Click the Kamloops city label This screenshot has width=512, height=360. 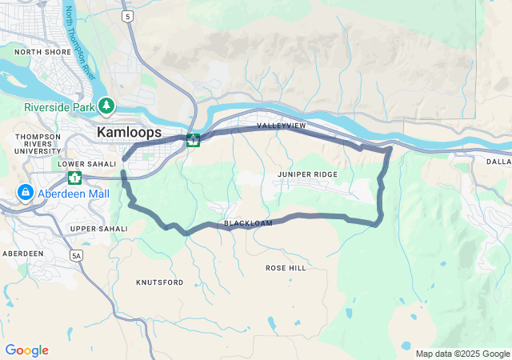click(129, 132)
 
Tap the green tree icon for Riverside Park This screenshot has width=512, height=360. click(107, 106)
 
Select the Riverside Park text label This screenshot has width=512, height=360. click(59, 107)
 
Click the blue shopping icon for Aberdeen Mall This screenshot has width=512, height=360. click(26, 193)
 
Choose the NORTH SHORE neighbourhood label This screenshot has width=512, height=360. click(42, 52)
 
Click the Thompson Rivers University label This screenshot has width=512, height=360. click(38, 143)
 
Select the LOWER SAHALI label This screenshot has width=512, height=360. click(82, 163)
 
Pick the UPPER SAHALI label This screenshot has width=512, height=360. click(98, 229)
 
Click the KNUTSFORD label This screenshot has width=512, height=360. click(159, 282)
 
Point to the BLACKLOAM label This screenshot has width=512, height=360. click(248, 223)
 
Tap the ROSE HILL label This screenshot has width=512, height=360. click(286, 268)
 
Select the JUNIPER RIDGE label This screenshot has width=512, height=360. click(307, 174)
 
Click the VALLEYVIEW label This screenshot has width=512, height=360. click(281, 126)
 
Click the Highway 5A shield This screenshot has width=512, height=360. click(77, 256)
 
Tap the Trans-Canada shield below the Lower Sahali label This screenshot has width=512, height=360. click(74, 177)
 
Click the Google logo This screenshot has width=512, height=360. click(26, 350)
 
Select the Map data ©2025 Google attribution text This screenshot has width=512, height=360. click(462, 354)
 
